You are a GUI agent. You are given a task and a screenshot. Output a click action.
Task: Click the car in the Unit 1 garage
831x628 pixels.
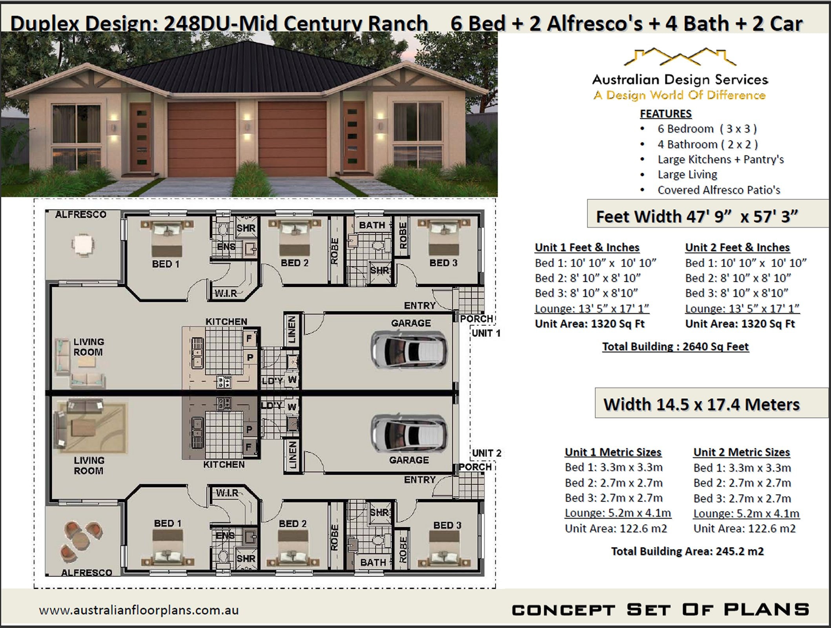pyautogui.click(x=409, y=349)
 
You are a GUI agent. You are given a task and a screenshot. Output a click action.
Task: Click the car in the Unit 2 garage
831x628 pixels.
pyautogui.click(x=409, y=433)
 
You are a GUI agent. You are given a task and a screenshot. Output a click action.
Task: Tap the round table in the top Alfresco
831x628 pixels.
pyautogui.click(x=82, y=245)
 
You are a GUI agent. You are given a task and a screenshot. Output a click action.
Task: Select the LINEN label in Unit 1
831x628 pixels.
pyautogui.click(x=292, y=330)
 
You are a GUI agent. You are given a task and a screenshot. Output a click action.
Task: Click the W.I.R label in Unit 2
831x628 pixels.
pyautogui.click(x=227, y=493)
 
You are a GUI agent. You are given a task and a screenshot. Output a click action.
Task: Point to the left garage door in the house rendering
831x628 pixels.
pyautogui.click(x=202, y=139)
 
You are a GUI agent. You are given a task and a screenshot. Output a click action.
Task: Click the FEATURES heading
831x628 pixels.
pyautogui.click(x=665, y=114)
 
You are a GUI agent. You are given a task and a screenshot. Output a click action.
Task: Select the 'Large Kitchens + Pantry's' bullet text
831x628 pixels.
pyautogui.click(x=720, y=159)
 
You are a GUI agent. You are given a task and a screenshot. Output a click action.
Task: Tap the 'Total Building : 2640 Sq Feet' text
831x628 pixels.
pyautogui.click(x=675, y=347)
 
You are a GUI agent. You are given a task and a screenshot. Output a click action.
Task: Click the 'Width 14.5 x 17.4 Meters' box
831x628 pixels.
pyautogui.click(x=701, y=404)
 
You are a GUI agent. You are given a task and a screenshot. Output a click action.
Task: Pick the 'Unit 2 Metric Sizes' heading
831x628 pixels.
pyautogui.click(x=741, y=452)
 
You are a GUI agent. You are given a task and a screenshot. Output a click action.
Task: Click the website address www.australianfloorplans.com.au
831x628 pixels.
pyautogui.click(x=138, y=610)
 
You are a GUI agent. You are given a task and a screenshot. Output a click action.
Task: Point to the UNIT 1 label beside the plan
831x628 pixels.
pyautogui.click(x=486, y=333)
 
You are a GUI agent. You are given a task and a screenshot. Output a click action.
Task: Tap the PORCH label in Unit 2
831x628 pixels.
pyautogui.click(x=475, y=467)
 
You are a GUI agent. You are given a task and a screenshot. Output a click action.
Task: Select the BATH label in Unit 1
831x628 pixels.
pyautogui.click(x=372, y=225)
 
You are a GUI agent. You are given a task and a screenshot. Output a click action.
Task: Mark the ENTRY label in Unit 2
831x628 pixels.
pyautogui.click(x=420, y=480)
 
